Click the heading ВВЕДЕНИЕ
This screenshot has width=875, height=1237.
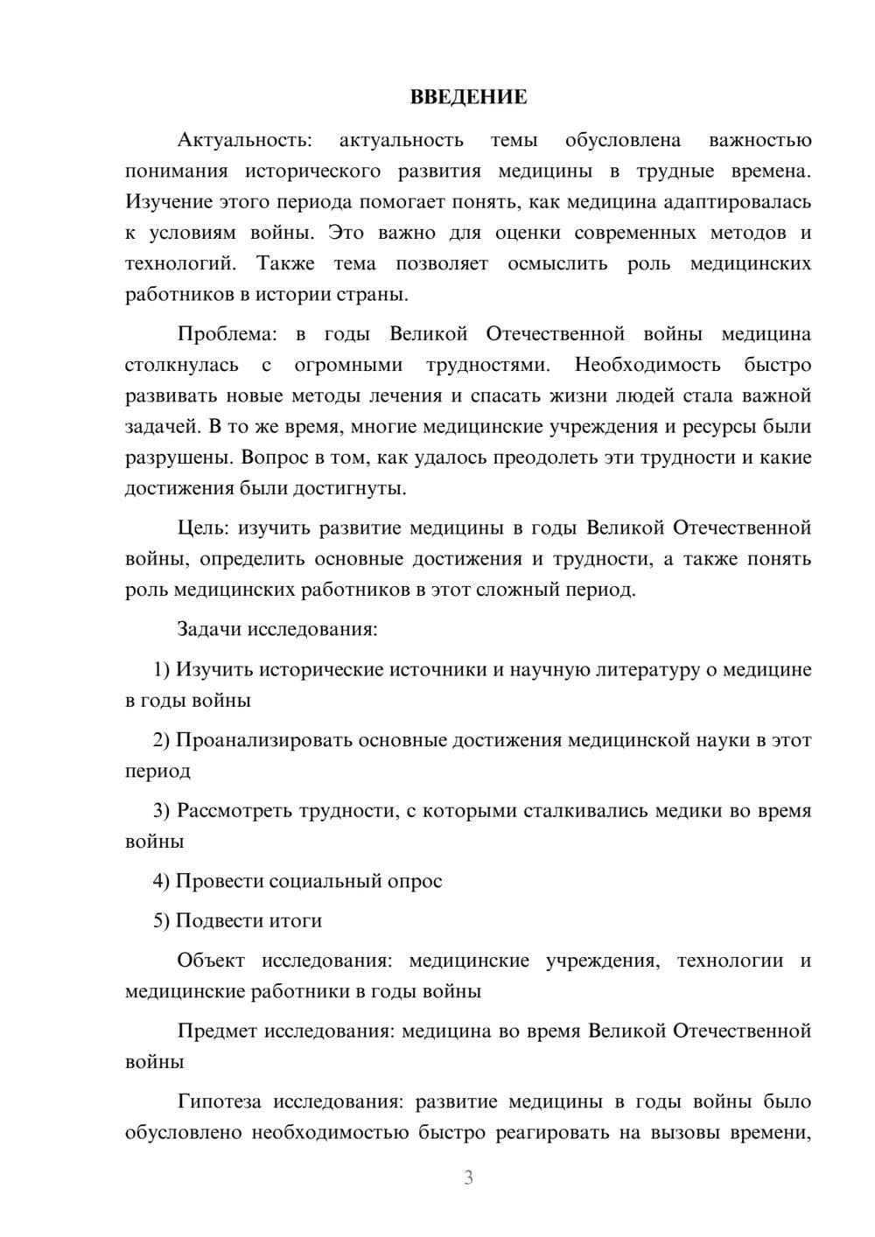468,98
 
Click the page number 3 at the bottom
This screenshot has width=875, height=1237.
468,1178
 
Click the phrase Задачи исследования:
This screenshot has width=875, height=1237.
276,630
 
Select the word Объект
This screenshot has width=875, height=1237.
211,961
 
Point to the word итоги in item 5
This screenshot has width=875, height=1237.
296,921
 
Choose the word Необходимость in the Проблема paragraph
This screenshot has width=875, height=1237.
647,365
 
